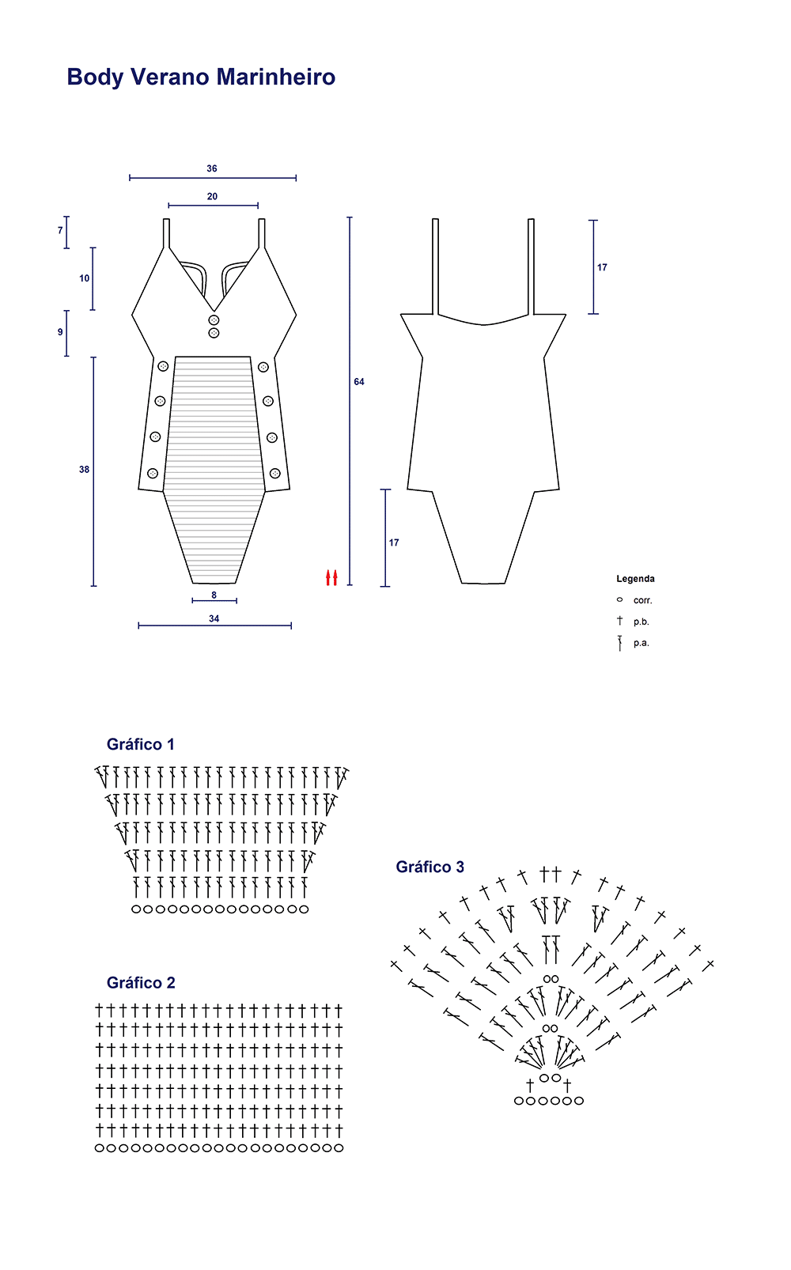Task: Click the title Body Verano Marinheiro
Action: (x=201, y=77)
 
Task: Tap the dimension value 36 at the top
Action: (x=212, y=168)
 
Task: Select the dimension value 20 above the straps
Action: (x=212, y=196)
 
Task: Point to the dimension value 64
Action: (x=359, y=382)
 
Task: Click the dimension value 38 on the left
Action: (x=84, y=470)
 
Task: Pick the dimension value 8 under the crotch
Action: (x=214, y=595)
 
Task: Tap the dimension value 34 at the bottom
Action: (x=214, y=618)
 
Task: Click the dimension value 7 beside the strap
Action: (x=60, y=230)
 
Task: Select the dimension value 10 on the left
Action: (x=84, y=278)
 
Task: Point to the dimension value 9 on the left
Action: (x=60, y=331)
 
